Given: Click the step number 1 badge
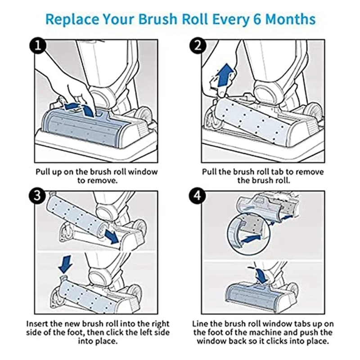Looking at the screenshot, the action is (38, 46).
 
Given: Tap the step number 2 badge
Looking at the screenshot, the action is (198, 46).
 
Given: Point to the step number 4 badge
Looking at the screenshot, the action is (198, 196).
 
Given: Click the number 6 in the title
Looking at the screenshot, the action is (257, 19).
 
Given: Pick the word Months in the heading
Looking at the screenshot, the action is (290, 19).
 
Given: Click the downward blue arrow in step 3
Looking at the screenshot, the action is (65, 265).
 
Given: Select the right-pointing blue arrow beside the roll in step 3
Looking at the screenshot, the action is (112, 236).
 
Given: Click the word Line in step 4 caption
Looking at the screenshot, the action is (200, 324).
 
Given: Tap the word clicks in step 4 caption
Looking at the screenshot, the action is (284, 341).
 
